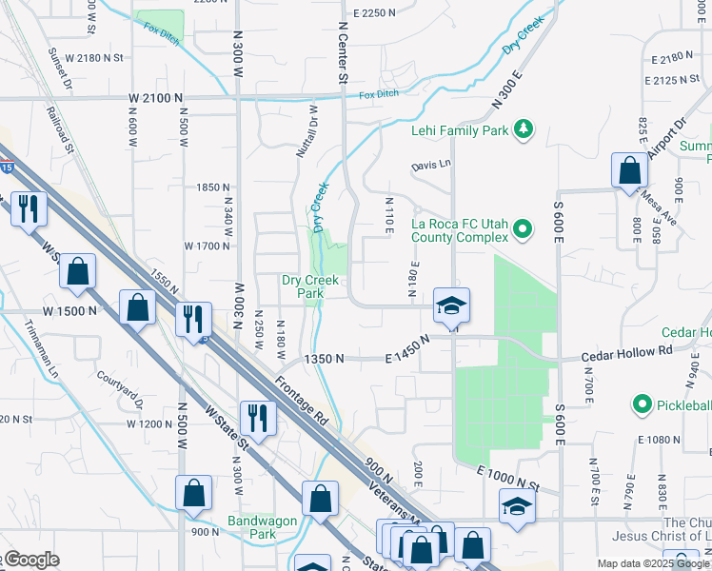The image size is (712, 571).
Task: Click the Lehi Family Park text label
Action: click(x=460, y=130)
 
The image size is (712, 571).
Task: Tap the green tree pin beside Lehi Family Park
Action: click(x=522, y=128)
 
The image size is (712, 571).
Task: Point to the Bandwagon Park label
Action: click(x=263, y=527)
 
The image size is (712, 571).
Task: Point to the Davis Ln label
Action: click(x=431, y=165)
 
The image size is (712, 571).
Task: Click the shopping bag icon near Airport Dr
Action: click(x=629, y=170)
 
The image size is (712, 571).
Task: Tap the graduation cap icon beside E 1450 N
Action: click(x=452, y=305)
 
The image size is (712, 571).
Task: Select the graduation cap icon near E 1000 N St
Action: click(x=517, y=505)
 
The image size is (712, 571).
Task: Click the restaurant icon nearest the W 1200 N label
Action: click(x=257, y=416)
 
